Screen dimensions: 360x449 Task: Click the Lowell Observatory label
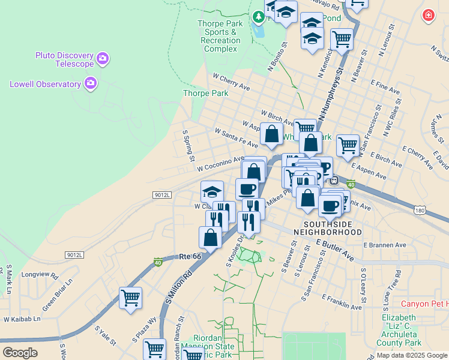point(45,84)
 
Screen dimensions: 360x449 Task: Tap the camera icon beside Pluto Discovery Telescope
point(103,58)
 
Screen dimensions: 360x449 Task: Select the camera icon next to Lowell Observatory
point(91,83)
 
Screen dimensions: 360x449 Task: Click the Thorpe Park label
point(205,94)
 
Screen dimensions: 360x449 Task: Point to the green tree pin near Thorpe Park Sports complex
point(259,17)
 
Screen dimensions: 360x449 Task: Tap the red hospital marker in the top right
point(429,16)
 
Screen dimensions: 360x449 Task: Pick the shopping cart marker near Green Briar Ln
point(130,297)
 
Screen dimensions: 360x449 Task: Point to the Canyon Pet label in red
point(424,304)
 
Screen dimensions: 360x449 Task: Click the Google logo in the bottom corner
point(20,353)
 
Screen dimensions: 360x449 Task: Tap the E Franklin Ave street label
point(342,302)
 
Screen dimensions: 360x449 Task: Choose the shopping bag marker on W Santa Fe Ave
point(271,133)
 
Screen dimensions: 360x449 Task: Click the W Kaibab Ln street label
point(22,319)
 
